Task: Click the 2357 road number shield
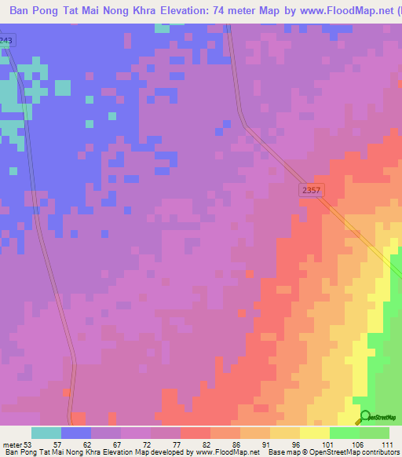[x=311, y=191]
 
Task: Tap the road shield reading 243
[x=6, y=40]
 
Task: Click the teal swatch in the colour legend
[x=46, y=433]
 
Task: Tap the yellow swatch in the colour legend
[x=315, y=433]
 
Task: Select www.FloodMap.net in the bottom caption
[x=228, y=452]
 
